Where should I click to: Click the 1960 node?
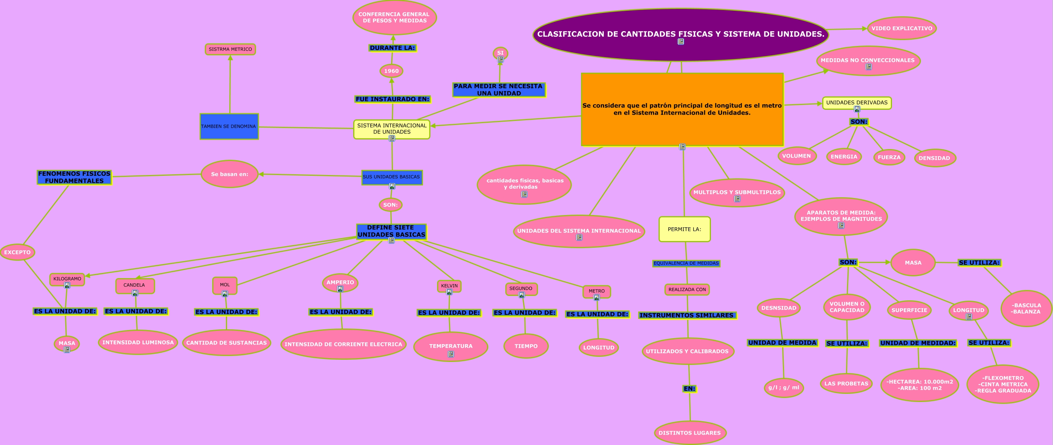(391, 71)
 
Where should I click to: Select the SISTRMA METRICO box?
(230, 49)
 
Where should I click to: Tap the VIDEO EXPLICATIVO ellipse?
(901, 29)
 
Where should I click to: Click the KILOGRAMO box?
(67, 279)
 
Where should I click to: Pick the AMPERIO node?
(340, 282)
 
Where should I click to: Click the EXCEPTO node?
(17, 252)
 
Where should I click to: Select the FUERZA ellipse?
(889, 157)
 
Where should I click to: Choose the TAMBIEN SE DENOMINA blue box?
(229, 126)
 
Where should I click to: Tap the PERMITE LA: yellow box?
(684, 229)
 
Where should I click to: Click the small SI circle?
(500, 53)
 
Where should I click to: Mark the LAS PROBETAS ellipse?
(846, 383)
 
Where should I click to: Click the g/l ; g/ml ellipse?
(784, 388)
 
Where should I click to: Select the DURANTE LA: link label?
(392, 48)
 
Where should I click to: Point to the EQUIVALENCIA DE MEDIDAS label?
(686, 263)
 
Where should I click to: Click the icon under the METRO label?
(596, 297)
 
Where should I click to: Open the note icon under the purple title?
(680, 42)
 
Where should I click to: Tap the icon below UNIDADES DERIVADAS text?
(857, 109)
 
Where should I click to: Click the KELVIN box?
(449, 286)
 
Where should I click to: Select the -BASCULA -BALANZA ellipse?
(1026, 309)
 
